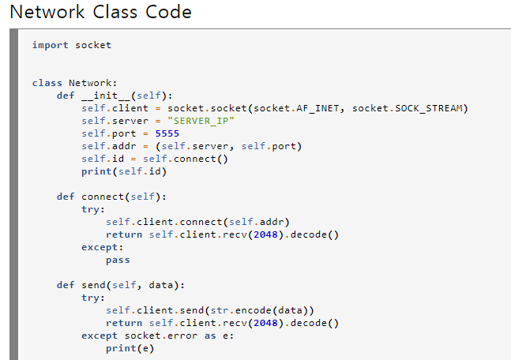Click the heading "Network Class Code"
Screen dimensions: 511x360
click(x=100, y=13)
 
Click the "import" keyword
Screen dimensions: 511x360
click(x=51, y=45)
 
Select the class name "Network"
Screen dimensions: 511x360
click(x=92, y=83)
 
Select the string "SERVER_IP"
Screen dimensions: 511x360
click(x=201, y=121)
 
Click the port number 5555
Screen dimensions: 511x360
click(x=167, y=133)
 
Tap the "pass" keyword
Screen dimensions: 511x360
click(x=118, y=260)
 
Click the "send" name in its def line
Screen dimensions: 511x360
click(x=93, y=285)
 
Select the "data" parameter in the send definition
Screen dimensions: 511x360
click(x=161, y=285)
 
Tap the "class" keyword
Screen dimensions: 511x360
click(x=47, y=83)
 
